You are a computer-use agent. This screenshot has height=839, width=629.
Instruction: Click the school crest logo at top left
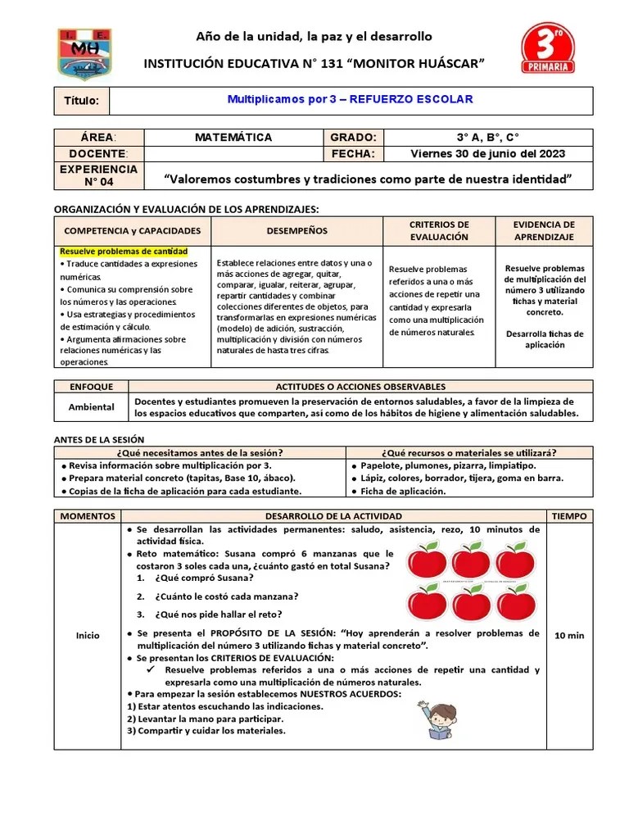tap(84, 55)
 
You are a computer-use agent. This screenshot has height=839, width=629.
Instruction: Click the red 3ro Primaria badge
tap(548, 48)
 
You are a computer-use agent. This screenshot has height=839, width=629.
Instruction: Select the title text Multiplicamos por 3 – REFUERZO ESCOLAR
tap(350, 99)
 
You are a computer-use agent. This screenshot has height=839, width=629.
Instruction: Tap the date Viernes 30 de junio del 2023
tap(487, 153)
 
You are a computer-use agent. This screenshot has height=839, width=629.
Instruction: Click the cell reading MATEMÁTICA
tap(233, 137)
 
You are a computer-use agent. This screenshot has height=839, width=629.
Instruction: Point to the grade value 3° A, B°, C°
tap(487, 137)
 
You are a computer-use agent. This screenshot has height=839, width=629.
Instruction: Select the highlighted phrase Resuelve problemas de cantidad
tap(124, 251)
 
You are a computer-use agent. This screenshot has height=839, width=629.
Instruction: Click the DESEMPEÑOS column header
tap(296, 231)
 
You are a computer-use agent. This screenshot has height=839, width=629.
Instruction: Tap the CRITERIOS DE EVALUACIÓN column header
tap(439, 230)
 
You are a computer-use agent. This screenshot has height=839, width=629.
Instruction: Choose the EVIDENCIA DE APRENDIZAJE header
tap(544, 230)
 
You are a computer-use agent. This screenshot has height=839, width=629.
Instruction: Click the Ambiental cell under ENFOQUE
tap(91, 406)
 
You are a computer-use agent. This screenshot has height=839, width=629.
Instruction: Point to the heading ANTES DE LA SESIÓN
tap(98, 439)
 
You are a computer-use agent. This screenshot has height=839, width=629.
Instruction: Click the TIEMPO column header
tap(569, 515)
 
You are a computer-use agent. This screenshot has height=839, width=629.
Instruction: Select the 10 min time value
tap(569, 635)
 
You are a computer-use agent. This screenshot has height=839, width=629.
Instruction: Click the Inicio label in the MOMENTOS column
tap(88, 635)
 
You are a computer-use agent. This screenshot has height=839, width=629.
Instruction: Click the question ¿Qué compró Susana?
tap(192, 578)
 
